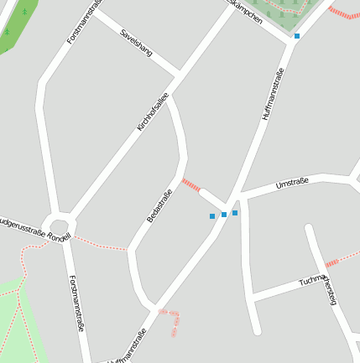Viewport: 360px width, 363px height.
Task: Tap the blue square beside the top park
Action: pyautogui.click(x=297, y=36)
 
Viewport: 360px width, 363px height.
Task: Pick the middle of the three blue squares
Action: pyautogui.click(x=224, y=215)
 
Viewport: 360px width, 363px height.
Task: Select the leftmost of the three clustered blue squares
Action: pyautogui.click(x=212, y=216)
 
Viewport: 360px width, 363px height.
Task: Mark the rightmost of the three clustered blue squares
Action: pyautogui.click(x=235, y=213)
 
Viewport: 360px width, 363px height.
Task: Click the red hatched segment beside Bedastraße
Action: pyautogui.click(x=191, y=184)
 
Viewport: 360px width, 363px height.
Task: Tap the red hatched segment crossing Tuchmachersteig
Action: pyautogui.click(x=332, y=262)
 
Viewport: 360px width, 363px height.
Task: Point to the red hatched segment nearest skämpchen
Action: pyautogui.click(x=343, y=13)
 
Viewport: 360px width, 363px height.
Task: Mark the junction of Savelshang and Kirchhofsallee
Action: pyautogui.click(x=179, y=72)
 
